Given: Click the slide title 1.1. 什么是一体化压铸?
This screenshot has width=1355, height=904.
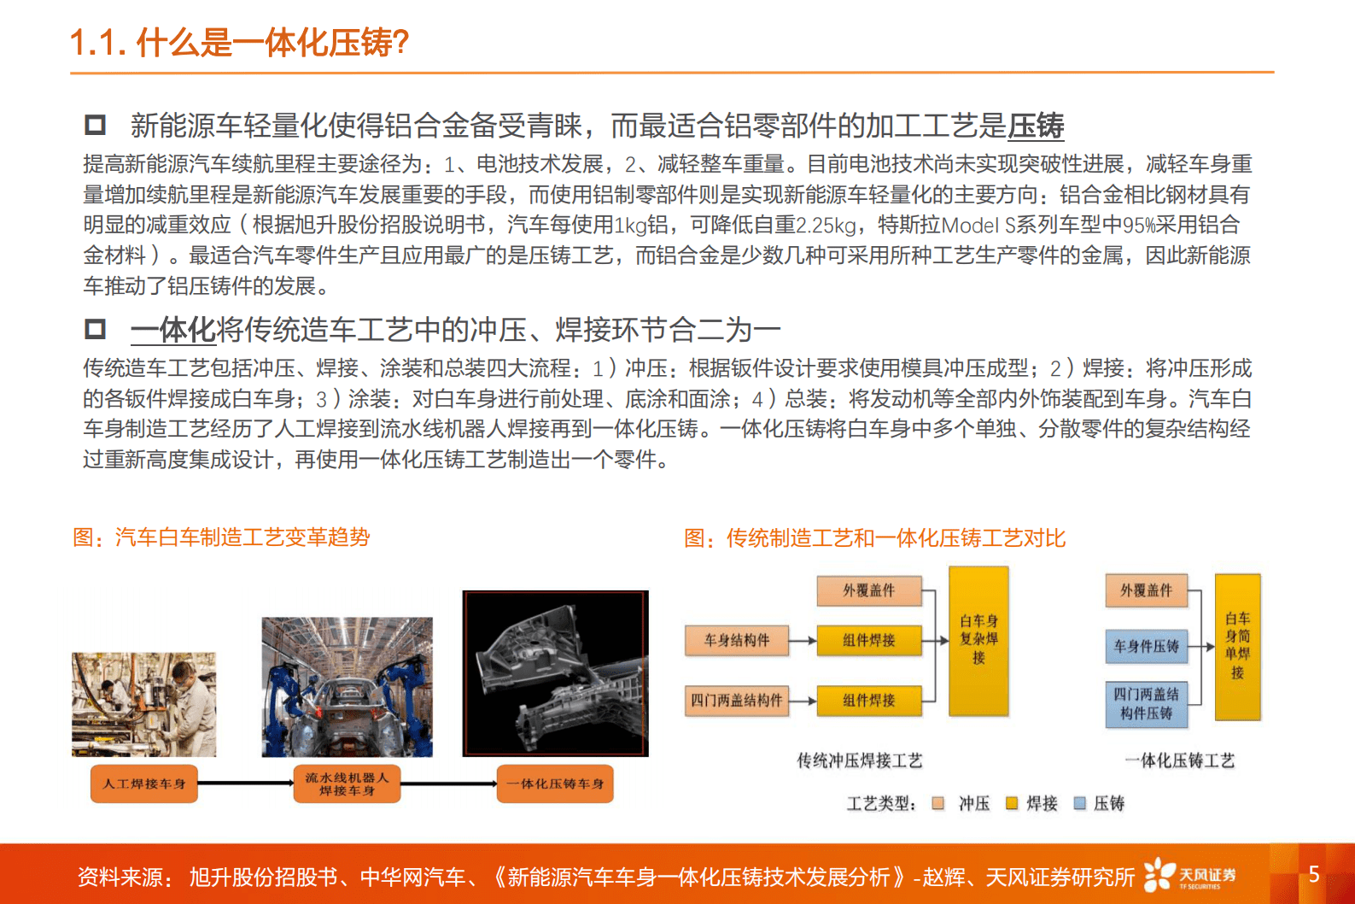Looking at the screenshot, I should [239, 43].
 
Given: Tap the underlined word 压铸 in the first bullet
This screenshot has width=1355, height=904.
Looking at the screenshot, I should [1036, 126].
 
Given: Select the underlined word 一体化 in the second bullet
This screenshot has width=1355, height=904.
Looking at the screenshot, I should [173, 330].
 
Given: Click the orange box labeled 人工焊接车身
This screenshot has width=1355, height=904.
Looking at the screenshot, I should [144, 784].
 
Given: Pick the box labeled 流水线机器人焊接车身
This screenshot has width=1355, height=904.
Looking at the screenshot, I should [347, 784].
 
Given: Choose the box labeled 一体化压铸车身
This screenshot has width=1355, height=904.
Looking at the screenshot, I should [555, 784].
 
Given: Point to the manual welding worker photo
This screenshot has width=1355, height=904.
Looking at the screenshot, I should [144, 705].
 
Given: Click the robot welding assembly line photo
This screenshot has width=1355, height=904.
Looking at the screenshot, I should [347, 687].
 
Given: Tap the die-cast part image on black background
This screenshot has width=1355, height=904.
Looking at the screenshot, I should [555, 673].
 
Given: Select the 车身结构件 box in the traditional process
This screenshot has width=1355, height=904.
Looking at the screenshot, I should [736, 640].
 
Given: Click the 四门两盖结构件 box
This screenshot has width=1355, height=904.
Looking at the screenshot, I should [736, 701].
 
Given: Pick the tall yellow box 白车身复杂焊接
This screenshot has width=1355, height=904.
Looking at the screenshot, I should [978, 640].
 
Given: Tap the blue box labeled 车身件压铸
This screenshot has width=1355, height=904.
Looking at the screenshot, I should [1146, 647].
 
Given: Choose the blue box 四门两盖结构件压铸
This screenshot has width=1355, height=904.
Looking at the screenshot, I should [1146, 704].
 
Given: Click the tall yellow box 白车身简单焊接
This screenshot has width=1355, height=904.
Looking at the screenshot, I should [1237, 647].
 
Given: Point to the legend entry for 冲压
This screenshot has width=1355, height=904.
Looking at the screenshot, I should [963, 803].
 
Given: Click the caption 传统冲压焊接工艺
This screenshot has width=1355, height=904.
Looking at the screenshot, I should [859, 760].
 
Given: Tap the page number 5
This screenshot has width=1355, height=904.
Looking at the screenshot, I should [1314, 874].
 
